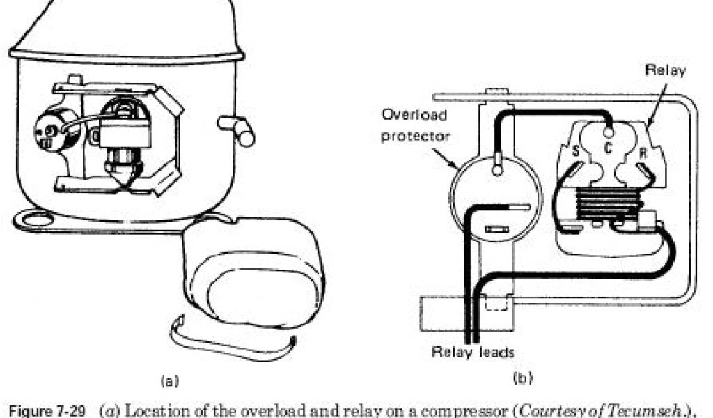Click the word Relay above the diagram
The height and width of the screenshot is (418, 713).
[x=666, y=70]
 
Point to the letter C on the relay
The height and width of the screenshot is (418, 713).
[x=607, y=148]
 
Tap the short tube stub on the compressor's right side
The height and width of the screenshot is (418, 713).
[x=237, y=130]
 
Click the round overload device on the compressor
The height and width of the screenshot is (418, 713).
[x=53, y=131]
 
